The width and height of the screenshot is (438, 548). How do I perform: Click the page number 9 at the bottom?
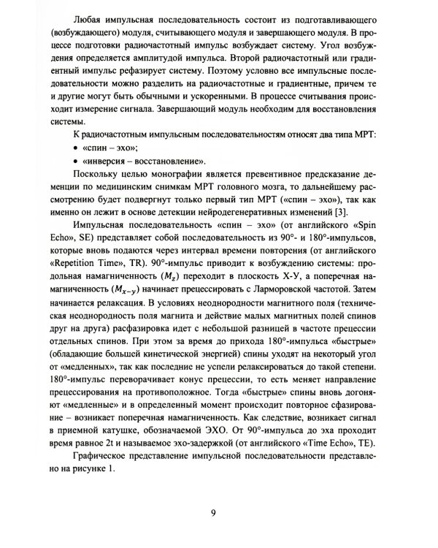(x=212, y=511)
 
